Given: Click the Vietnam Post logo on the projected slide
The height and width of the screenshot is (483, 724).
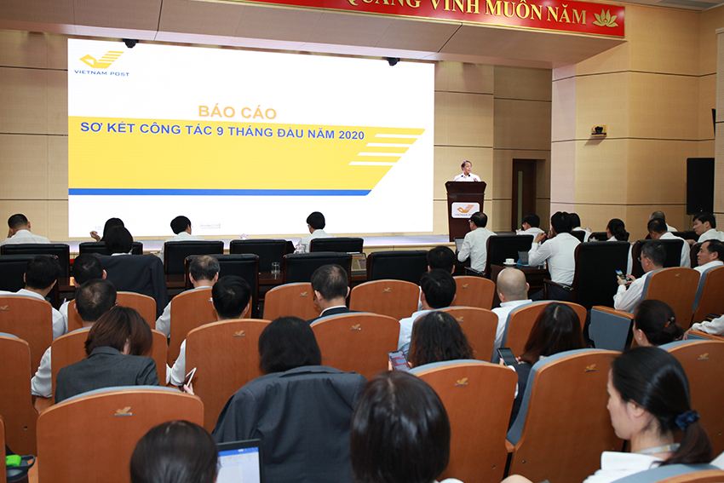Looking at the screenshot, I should click(x=101, y=61).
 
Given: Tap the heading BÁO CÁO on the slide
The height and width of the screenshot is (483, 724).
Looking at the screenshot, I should click(x=228, y=111).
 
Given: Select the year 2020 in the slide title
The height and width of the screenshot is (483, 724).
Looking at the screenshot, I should click(x=351, y=135).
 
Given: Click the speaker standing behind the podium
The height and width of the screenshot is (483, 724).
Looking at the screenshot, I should click(x=465, y=171).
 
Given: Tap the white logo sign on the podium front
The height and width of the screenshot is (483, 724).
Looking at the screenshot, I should click(x=465, y=209).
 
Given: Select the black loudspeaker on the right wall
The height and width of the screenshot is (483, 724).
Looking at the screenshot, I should click(x=699, y=186).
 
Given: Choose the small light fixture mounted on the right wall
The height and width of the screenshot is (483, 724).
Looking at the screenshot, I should click(x=599, y=130).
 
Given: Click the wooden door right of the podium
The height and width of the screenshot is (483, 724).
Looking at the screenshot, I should click(x=524, y=193).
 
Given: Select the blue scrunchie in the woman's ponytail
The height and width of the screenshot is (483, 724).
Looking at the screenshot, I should click(x=686, y=419).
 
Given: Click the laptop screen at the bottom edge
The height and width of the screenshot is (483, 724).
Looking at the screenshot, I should click(x=238, y=463).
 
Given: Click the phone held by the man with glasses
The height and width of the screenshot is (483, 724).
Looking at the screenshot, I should click(x=620, y=275).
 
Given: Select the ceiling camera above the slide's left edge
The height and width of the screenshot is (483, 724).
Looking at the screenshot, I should click(x=129, y=43).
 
